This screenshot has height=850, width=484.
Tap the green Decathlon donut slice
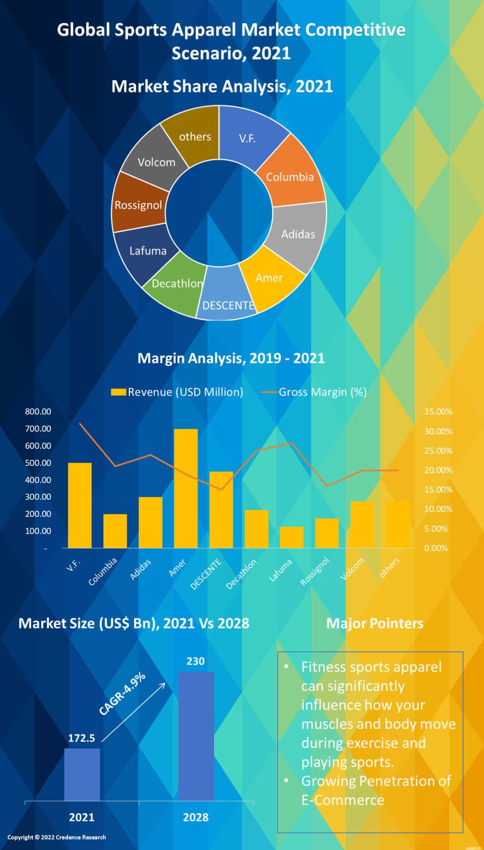(x=176, y=282)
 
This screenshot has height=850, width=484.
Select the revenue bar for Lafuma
(x=292, y=537)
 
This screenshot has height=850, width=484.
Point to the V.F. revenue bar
(x=80, y=505)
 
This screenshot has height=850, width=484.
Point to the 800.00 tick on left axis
(x=38, y=412)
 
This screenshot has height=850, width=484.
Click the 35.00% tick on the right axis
(x=438, y=412)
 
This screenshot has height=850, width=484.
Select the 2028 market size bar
(x=196, y=736)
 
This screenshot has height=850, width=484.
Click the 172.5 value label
(x=81, y=738)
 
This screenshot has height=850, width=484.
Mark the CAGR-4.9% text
(x=122, y=693)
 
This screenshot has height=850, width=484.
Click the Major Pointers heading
(x=374, y=624)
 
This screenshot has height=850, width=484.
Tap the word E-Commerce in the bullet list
(x=342, y=800)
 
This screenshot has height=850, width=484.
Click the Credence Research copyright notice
(x=56, y=837)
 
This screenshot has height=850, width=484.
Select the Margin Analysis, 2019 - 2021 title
(x=231, y=358)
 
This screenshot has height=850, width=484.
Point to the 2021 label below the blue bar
(x=81, y=817)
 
